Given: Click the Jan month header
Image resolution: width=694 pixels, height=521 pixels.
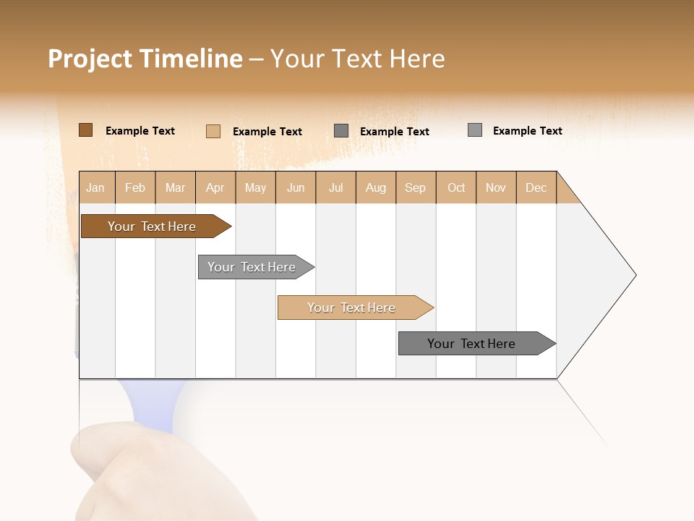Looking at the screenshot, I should pyautogui.click(x=96, y=187).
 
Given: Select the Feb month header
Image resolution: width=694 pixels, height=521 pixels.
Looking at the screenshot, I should pyautogui.click(x=135, y=187).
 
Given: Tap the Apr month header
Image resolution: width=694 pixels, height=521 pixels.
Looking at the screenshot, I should pyautogui.click(x=215, y=187).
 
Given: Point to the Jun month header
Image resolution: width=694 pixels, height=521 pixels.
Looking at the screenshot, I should pyautogui.click(x=296, y=187).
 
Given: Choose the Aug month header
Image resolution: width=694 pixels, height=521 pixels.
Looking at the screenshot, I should pyautogui.click(x=376, y=187).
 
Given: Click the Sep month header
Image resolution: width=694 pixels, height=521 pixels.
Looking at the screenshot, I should pyautogui.click(x=416, y=187).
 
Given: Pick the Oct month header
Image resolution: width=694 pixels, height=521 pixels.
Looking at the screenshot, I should pyautogui.click(x=456, y=187).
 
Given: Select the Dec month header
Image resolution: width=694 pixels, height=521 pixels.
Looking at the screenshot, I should pyautogui.click(x=536, y=187).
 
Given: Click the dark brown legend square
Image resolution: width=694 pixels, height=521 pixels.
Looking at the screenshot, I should pyautogui.click(x=85, y=130).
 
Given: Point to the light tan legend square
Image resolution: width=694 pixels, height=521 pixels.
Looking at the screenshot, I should pyautogui.click(x=213, y=131).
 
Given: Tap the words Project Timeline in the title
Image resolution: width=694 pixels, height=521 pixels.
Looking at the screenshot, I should pyautogui.click(x=145, y=59).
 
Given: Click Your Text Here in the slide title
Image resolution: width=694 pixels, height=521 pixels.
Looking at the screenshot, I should pyautogui.click(x=357, y=59).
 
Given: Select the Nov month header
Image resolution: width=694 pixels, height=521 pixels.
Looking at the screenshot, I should pyautogui.click(x=496, y=187).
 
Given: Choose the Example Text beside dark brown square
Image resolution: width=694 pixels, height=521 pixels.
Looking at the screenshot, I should pyautogui.click(x=140, y=131).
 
